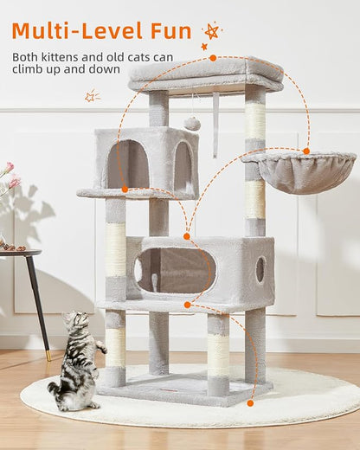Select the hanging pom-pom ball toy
(x=192, y=124)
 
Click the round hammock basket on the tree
(x=303, y=171)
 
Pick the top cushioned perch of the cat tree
(x=205, y=73)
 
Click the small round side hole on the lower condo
(x=260, y=269)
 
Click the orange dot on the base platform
(x=250, y=402)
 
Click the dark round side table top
(x=19, y=253)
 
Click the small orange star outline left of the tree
(x=92, y=96)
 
